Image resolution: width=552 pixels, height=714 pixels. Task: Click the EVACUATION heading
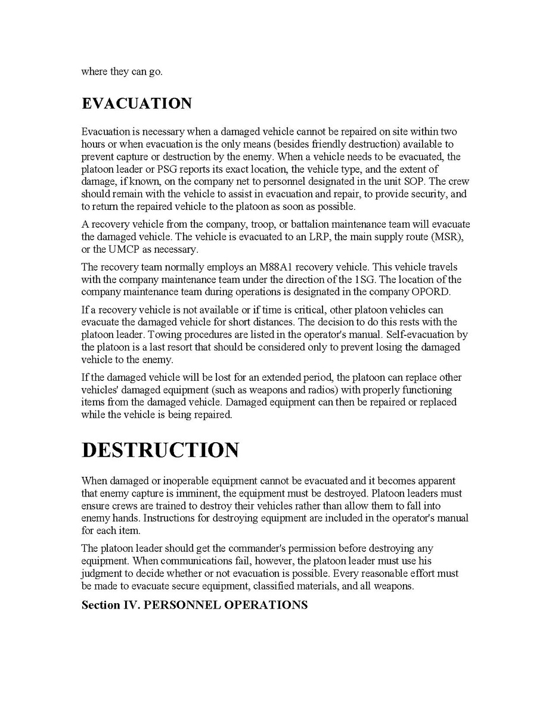[x=137, y=103]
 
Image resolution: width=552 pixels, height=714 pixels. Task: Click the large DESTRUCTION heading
[x=160, y=450]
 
